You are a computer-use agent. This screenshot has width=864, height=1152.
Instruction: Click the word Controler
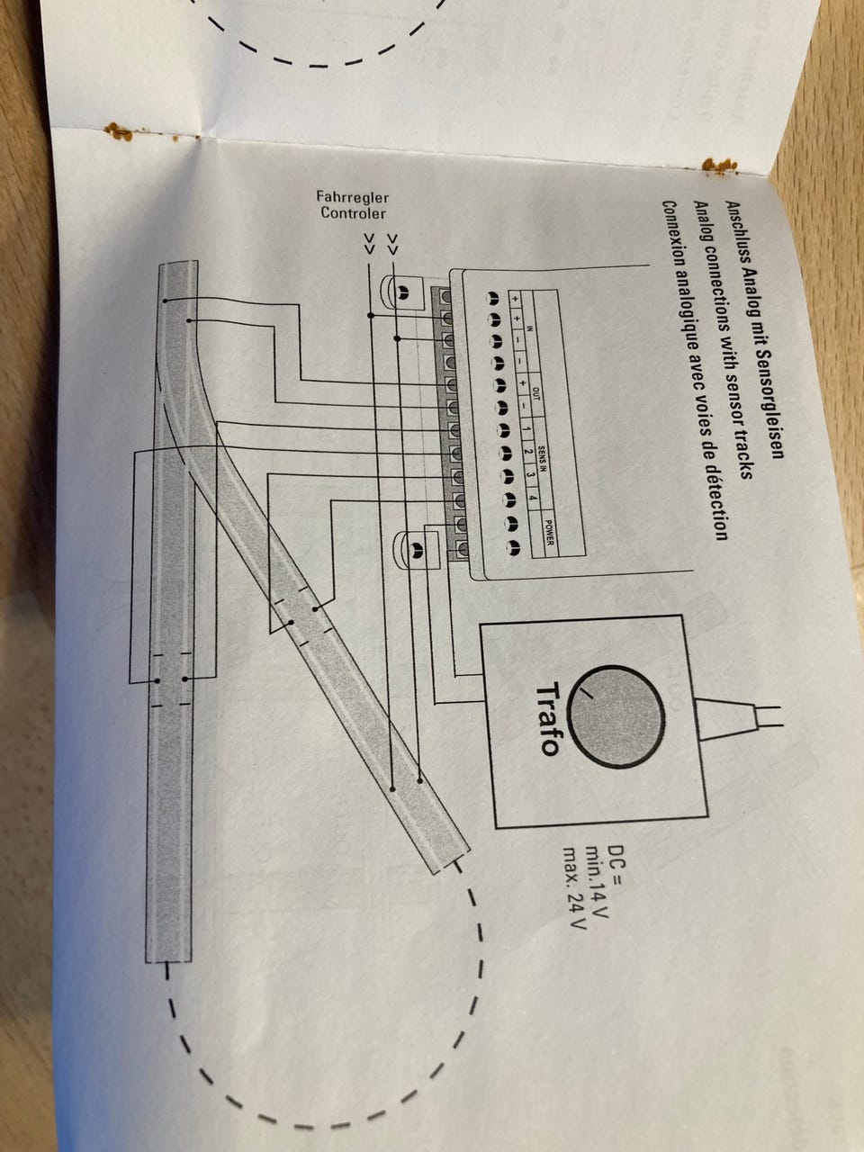354,213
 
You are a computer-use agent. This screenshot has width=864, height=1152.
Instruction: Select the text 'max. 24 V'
571,888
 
